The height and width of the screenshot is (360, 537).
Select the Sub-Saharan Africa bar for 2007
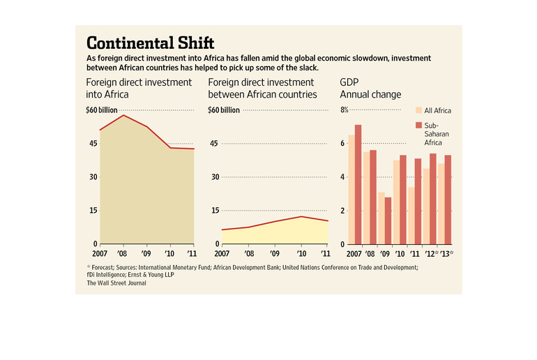(x=358, y=185)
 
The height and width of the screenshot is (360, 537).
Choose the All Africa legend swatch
(x=419, y=110)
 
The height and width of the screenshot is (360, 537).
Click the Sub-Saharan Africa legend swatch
(x=419, y=125)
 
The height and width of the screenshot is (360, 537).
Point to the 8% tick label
(x=344, y=110)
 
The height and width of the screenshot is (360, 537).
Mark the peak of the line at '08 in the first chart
(x=123, y=115)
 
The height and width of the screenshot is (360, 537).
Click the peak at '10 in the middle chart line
(x=301, y=216)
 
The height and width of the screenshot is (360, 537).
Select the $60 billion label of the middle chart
(x=224, y=110)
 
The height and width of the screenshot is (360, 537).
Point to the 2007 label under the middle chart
(x=217, y=253)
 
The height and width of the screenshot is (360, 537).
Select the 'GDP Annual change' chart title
(x=370, y=88)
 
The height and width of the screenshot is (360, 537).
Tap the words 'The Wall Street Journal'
(x=116, y=283)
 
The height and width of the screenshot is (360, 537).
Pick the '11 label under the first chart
(x=192, y=253)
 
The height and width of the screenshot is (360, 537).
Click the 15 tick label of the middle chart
(x=214, y=211)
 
